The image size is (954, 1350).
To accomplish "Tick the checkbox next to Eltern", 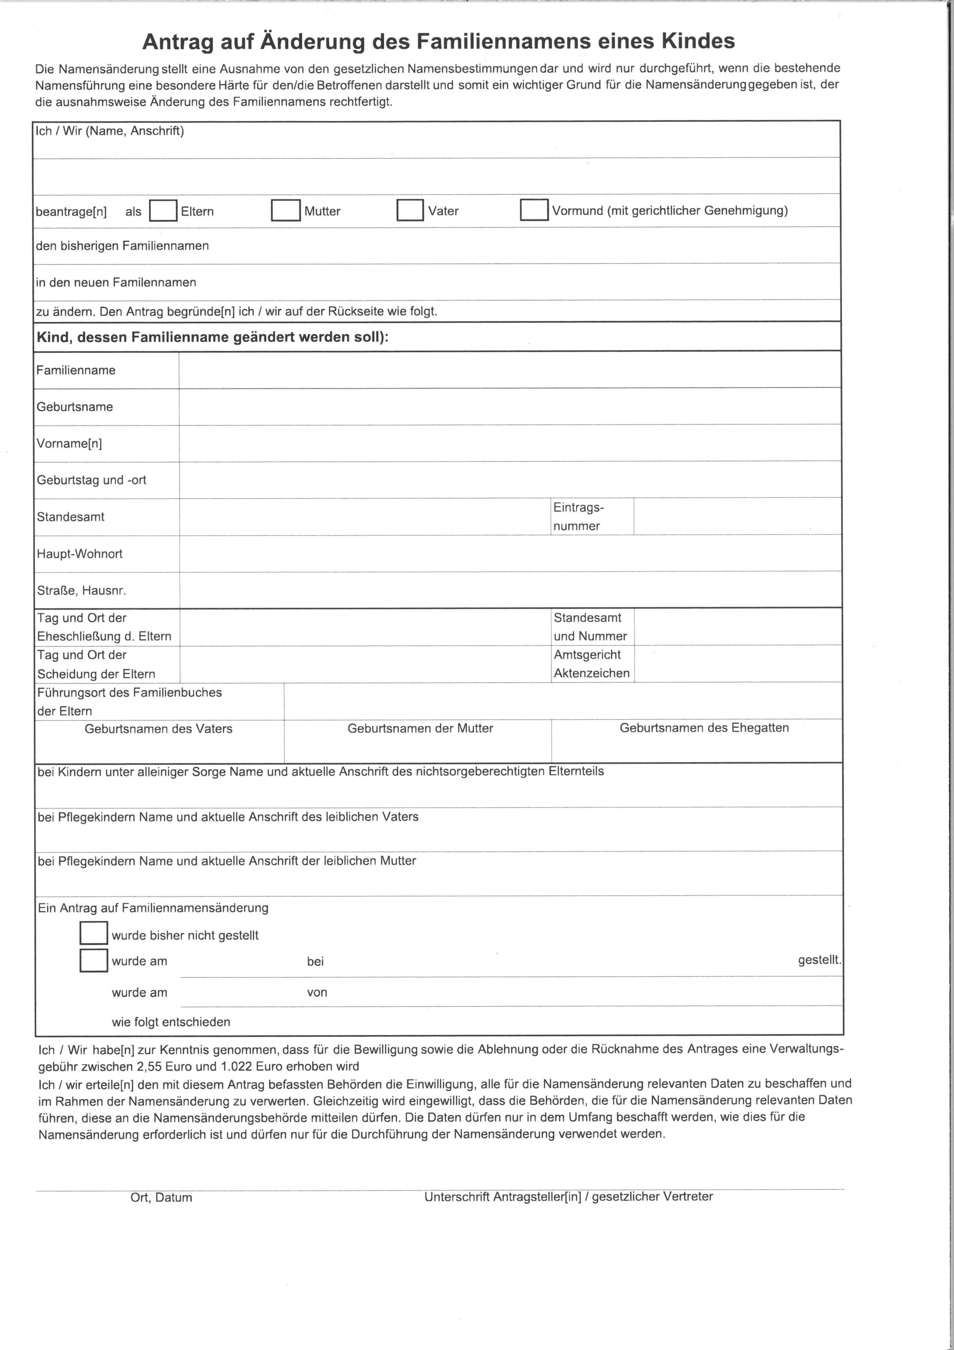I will click(163, 211).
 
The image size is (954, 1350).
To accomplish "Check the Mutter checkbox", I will click(286, 210).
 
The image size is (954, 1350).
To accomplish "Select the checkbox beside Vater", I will click(410, 210).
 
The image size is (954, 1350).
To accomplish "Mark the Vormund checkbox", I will click(534, 210).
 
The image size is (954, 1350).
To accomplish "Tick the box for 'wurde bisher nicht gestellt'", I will click(93, 933).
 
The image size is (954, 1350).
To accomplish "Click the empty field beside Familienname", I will click(509, 370).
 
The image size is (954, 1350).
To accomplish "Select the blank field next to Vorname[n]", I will click(509, 443).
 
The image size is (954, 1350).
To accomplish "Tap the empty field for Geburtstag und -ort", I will click(509, 480).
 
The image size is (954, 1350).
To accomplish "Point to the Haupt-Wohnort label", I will click(80, 554).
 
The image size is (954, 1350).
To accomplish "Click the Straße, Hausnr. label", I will click(82, 590).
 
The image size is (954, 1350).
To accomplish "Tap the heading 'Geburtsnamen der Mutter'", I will click(420, 728).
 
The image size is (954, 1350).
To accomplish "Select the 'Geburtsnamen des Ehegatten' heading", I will click(704, 728).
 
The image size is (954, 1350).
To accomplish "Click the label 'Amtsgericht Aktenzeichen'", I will click(591, 664).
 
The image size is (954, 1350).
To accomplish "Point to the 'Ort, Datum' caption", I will click(161, 1198).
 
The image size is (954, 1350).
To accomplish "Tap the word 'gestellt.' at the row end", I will click(819, 960).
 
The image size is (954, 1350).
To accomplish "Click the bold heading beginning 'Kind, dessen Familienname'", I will click(213, 337).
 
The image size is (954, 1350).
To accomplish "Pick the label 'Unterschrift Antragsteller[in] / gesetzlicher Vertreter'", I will click(568, 1197).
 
